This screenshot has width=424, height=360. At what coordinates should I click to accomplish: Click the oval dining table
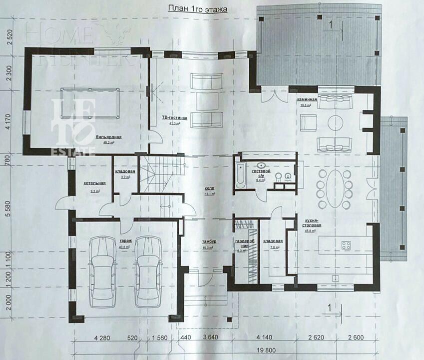click(335, 188)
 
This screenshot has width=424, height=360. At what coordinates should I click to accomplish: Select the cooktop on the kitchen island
click(346, 245)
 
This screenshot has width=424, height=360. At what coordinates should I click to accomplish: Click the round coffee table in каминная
click(335, 122)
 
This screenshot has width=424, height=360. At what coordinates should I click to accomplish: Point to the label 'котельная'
click(94, 183)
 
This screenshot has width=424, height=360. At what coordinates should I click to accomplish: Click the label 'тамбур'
click(209, 241)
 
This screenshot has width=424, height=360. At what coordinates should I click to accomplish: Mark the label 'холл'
click(210, 188)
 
